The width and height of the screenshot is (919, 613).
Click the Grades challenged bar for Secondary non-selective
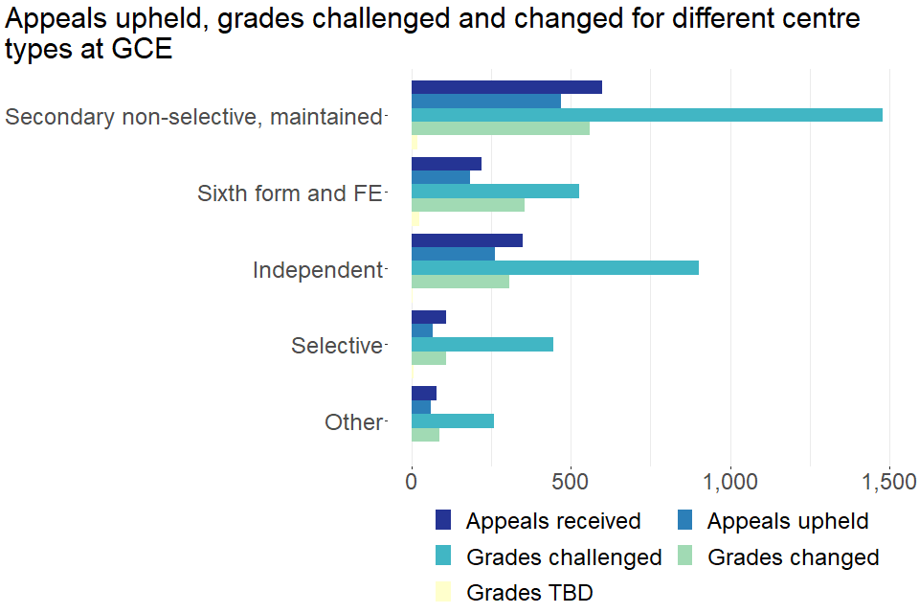tap(646, 115)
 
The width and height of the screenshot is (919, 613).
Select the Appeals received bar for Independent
tap(467, 239)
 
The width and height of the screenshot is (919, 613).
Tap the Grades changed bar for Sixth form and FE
tap(468, 205)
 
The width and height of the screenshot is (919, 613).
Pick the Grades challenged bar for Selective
tap(482, 345)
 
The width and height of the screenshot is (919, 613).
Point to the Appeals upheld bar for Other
tap(421, 407)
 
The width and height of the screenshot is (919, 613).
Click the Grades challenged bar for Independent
tap(555, 268)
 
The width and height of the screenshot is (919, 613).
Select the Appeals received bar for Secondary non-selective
tap(506, 87)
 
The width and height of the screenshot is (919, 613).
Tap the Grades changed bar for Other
tap(425, 435)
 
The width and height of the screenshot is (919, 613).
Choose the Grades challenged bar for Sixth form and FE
tap(495, 191)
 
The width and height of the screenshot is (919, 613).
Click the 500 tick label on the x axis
tap(571, 482)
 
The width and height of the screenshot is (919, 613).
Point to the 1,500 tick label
tap(889, 482)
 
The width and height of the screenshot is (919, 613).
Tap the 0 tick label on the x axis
tap(412, 482)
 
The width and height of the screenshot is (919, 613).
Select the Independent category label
tap(317, 270)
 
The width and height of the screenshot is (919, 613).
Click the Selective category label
tap(337, 346)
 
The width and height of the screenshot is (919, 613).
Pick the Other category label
tap(353, 422)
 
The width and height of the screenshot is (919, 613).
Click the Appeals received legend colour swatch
tap(443, 521)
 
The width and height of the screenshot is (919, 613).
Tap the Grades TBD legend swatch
tap(443, 592)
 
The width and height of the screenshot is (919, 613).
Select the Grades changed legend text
tap(793, 556)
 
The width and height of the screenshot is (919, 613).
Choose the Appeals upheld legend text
tap(788, 521)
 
